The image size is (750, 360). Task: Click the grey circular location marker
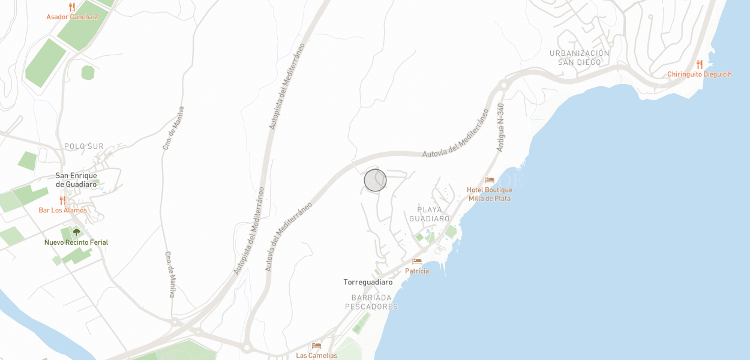pos(375,180)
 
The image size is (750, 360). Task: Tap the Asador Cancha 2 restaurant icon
pos(72,7)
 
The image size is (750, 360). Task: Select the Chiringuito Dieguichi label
pos(700,74)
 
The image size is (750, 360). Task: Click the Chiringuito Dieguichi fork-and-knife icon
pos(700,64)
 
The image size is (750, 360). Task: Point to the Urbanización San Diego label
pos(580,58)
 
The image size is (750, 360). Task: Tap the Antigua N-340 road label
pos(501,127)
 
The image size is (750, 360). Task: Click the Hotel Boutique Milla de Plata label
pos(490,194)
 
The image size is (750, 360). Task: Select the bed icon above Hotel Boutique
pos(490,180)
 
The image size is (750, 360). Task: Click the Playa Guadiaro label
pos(430,214)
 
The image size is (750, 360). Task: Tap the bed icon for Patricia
pos(417,262)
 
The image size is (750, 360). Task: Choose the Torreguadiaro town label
pos(368,282)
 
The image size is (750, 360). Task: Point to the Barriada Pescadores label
pos(371,302)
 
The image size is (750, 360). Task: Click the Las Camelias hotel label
pos(316,355)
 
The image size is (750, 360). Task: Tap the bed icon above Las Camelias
pos(316,346)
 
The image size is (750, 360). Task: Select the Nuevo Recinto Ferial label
pos(76,242)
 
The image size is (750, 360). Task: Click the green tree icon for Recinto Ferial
pos(76,232)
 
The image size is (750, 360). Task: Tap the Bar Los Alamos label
pos(62,211)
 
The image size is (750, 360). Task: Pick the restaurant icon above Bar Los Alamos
pos(62,200)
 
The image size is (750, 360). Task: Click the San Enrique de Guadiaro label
pos(76,180)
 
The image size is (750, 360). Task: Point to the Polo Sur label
pos(84,146)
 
